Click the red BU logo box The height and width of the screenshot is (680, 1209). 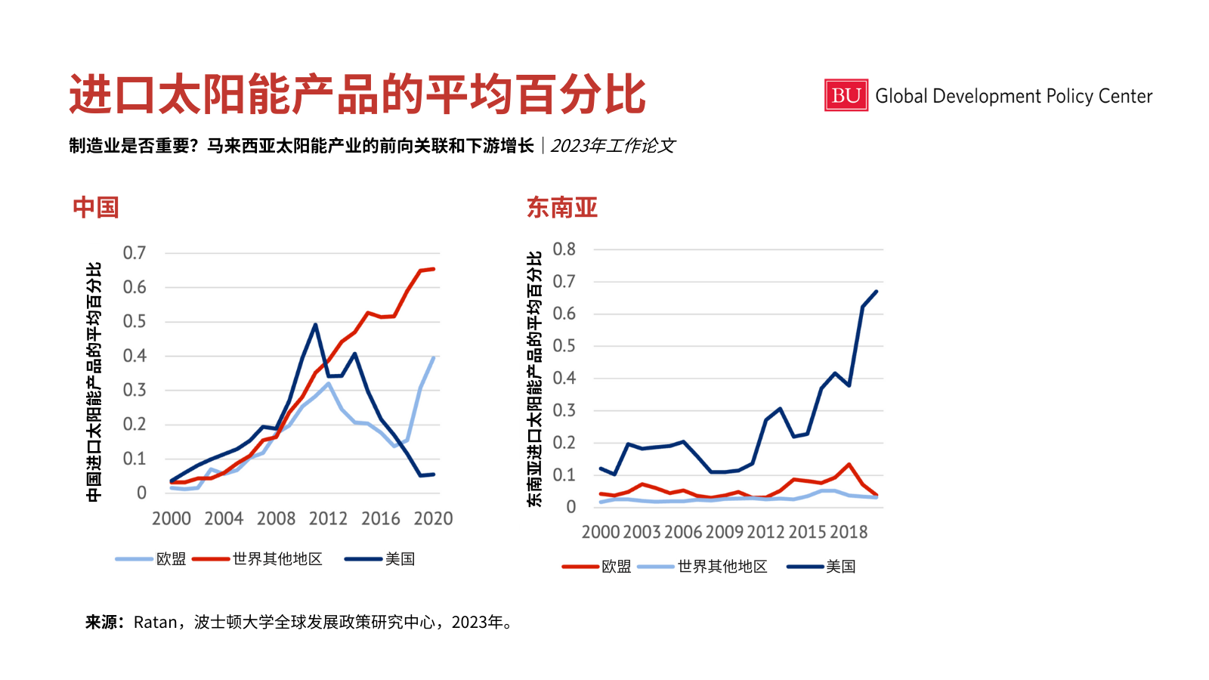tap(846, 96)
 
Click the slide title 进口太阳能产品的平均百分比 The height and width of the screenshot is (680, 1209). tap(357, 94)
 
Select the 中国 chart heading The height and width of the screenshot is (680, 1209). tap(96, 208)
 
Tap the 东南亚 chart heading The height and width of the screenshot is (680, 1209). tap(562, 208)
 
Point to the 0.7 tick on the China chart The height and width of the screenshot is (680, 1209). tap(135, 253)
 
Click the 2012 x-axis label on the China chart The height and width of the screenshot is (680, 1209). tap(328, 519)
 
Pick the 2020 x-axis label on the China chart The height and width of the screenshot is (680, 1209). tap(433, 519)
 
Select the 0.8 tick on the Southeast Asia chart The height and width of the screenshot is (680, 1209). tap(564, 249)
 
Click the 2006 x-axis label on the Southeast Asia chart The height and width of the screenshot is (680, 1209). tap(683, 533)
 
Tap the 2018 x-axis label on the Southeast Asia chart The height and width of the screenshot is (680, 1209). tap(849, 533)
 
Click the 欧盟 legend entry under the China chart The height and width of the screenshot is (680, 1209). tap(171, 559)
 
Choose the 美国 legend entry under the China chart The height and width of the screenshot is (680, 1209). tap(400, 559)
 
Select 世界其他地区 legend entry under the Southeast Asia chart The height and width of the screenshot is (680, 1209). tap(722, 567)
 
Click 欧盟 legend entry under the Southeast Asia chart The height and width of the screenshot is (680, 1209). tap(616, 567)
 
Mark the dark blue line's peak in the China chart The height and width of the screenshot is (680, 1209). tap(315, 325)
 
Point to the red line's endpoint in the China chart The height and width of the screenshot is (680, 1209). tap(433, 269)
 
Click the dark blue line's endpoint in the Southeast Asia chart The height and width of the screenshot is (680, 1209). tap(876, 292)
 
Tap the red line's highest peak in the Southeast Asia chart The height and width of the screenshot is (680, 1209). tap(849, 465)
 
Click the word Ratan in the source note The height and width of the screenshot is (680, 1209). tap(155, 623)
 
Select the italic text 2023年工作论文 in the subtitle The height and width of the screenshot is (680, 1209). tap(613, 146)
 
